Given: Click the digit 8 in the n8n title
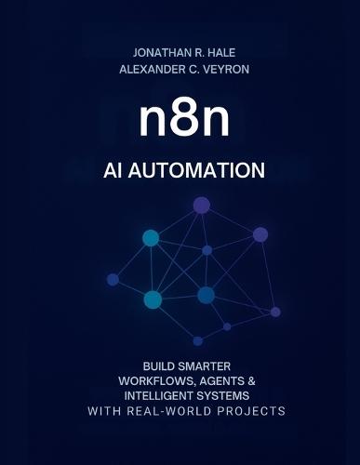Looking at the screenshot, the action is point(181,122).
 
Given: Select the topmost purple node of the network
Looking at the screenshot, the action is point(201,205).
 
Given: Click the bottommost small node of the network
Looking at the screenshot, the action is point(197,340).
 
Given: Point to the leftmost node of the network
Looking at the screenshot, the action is point(113,279).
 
